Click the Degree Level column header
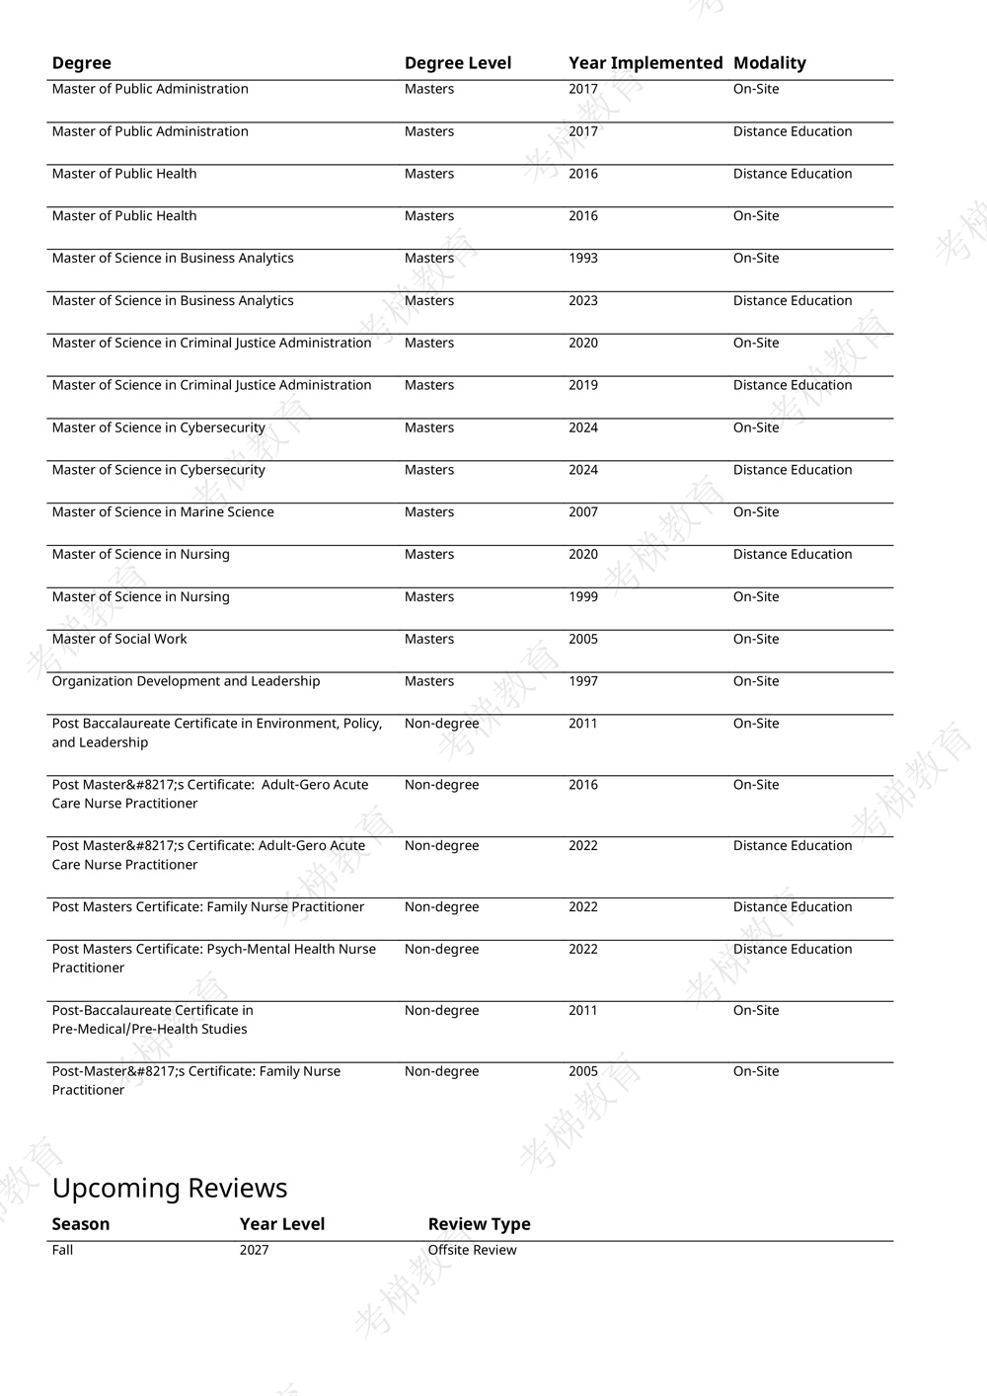pyautogui.click(x=458, y=63)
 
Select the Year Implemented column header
pyautogui.click(x=645, y=63)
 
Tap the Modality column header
pyautogui.click(x=770, y=63)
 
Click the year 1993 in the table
pyautogui.click(x=583, y=259)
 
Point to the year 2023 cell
pyautogui.click(x=583, y=301)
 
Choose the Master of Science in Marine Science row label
pyautogui.click(x=163, y=512)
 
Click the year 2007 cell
pyautogui.click(x=583, y=512)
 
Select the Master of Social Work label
pyautogui.click(x=119, y=640)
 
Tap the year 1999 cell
pyautogui.click(x=583, y=597)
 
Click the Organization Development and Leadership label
pyautogui.click(x=186, y=682)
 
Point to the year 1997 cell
pyautogui.click(x=583, y=682)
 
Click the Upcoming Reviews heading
pyautogui.click(x=170, y=1188)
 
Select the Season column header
pyautogui.click(x=81, y=1224)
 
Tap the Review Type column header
pyautogui.click(x=479, y=1224)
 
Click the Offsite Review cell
pyautogui.click(x=472, y=1251)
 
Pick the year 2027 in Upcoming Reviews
pyautogui.click(x=254, y=1251)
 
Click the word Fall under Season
pyautogui.click(x=62, y=1251)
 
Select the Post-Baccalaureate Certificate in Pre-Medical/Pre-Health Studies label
pyautogui.click(x=152, y=1020)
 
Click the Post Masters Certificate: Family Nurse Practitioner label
pyautogui.click(x=208, y=907)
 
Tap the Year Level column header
pyautogui.click(x=281, y=1224)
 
